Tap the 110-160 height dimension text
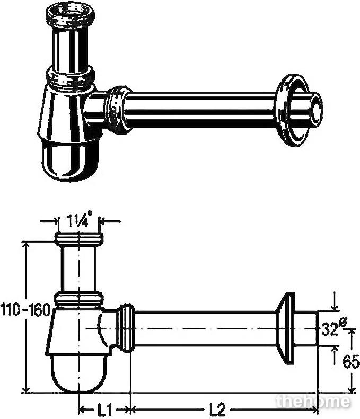(x=25, y=310)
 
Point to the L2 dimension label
(x=217, y=409)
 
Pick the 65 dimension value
(x=351, y=363)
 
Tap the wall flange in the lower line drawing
(x=285, y=328)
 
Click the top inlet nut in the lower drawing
(x=79, y=239)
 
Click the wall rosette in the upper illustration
(x=292, y=110)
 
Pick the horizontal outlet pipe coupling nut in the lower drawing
(x=126, y=328)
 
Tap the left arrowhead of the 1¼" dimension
(x=55, y=221)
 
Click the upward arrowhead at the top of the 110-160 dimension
(x=25, y=245)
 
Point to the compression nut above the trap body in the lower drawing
(x=78, y=300)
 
